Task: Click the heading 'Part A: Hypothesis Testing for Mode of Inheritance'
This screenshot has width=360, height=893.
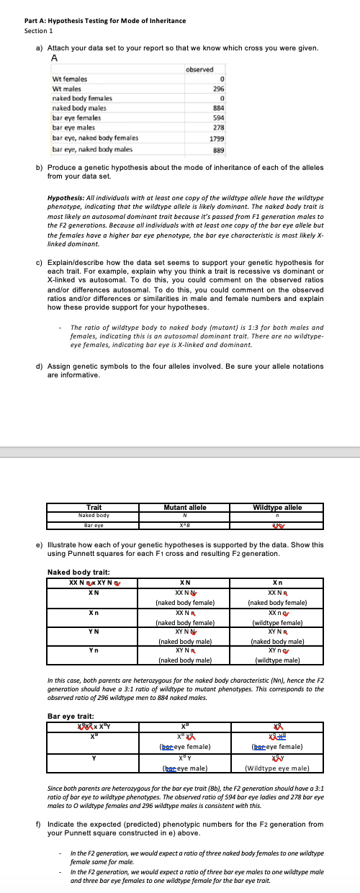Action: [x=104, y=20]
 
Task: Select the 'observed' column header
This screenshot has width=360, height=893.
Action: [x=199, y=69]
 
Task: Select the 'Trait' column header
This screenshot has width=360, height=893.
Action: [x=94, y=507]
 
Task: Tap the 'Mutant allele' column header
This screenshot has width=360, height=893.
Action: [x=185, y=507]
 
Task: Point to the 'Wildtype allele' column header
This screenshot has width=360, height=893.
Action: [x=276, y=507]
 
